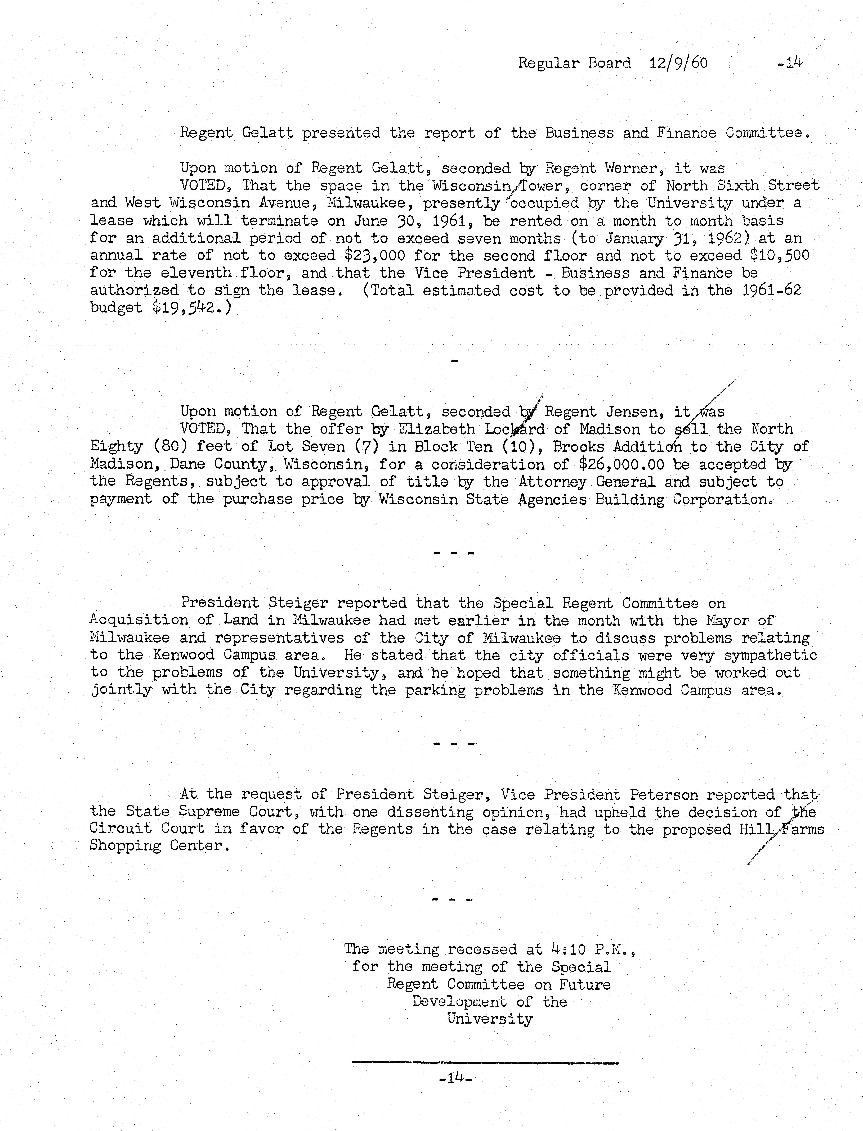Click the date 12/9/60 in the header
(678, 63)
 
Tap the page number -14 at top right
(790, 63)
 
